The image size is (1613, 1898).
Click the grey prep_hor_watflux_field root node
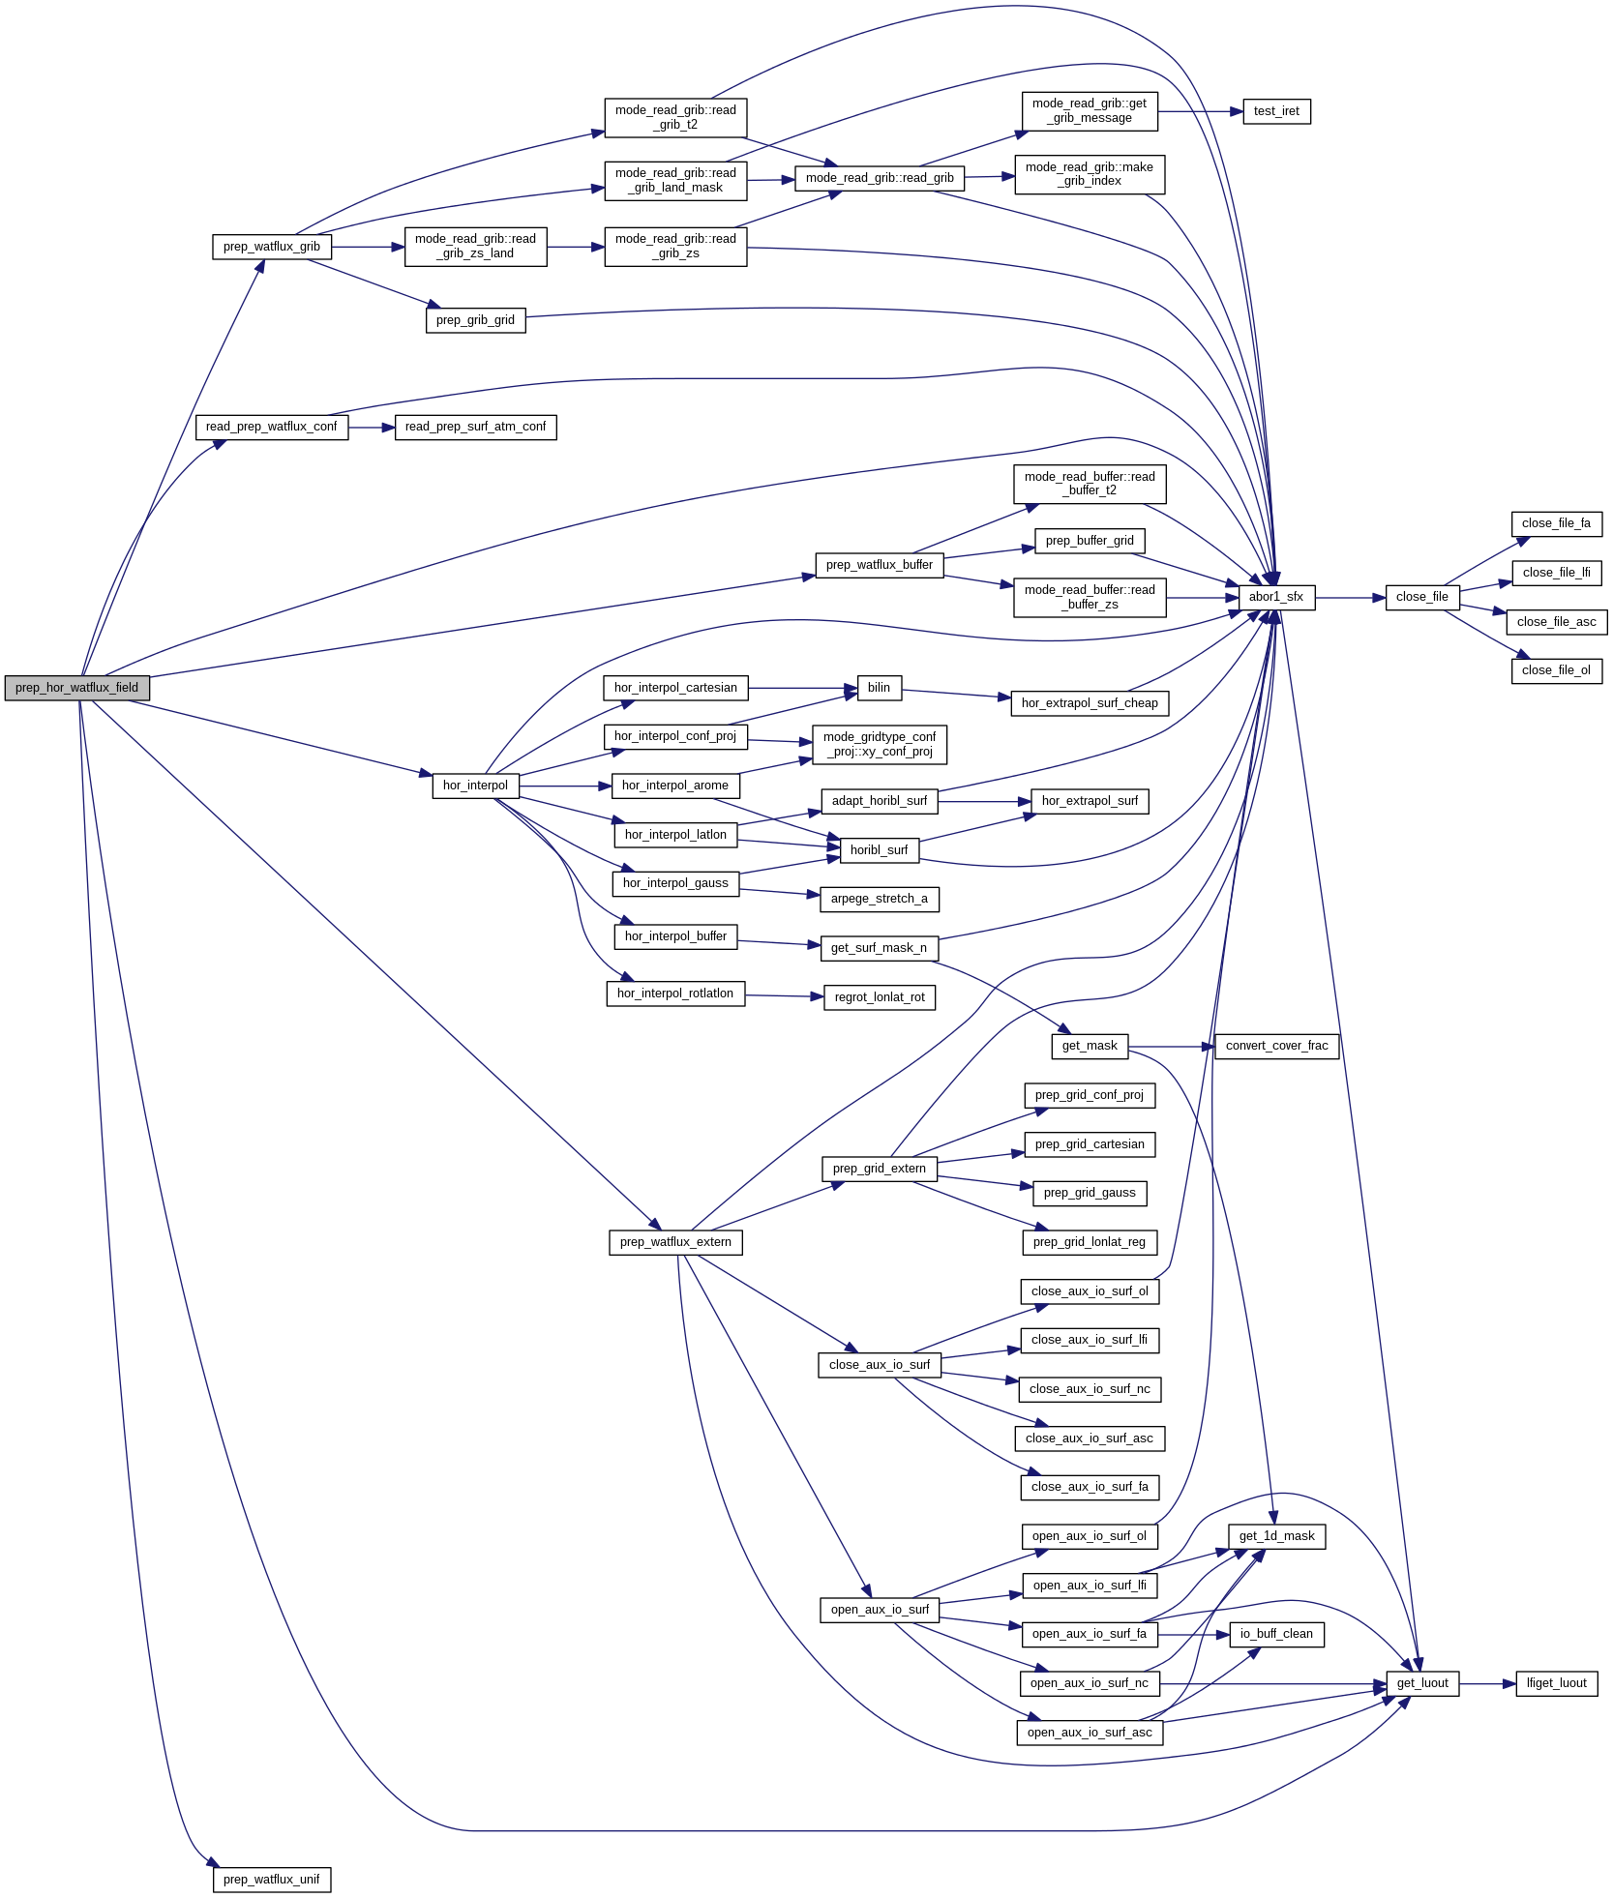click(76, 688)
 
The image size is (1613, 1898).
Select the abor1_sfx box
click(1275, 597)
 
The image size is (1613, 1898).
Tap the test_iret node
click(1275, 111)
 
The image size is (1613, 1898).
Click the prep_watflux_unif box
click(271, 1880)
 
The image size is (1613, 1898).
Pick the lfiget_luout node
click(1556, 1683)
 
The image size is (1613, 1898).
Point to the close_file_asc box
click(1556, 622)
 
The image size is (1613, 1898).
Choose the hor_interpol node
click(475, 786)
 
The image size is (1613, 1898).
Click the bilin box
click(879, 688)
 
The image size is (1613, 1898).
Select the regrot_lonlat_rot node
click(879, 997)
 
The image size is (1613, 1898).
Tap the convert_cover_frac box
click(1276, 1046)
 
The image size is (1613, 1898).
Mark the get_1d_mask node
click(1276, 1536)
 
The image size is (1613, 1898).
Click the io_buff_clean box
click(1276, 1634)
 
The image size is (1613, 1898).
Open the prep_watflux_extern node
click(675, 1242)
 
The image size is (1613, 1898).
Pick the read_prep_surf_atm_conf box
click(475, 427)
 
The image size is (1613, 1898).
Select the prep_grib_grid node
click(475, 320)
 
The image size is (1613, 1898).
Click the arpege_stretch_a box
click(879, 899)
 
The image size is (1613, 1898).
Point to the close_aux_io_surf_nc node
click(1090, 1389)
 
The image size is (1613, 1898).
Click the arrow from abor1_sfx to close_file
click(1350, 598)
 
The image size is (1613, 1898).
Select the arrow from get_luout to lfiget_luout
click(1487, 1684)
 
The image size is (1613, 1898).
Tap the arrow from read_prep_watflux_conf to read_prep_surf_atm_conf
click(372, 427)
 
